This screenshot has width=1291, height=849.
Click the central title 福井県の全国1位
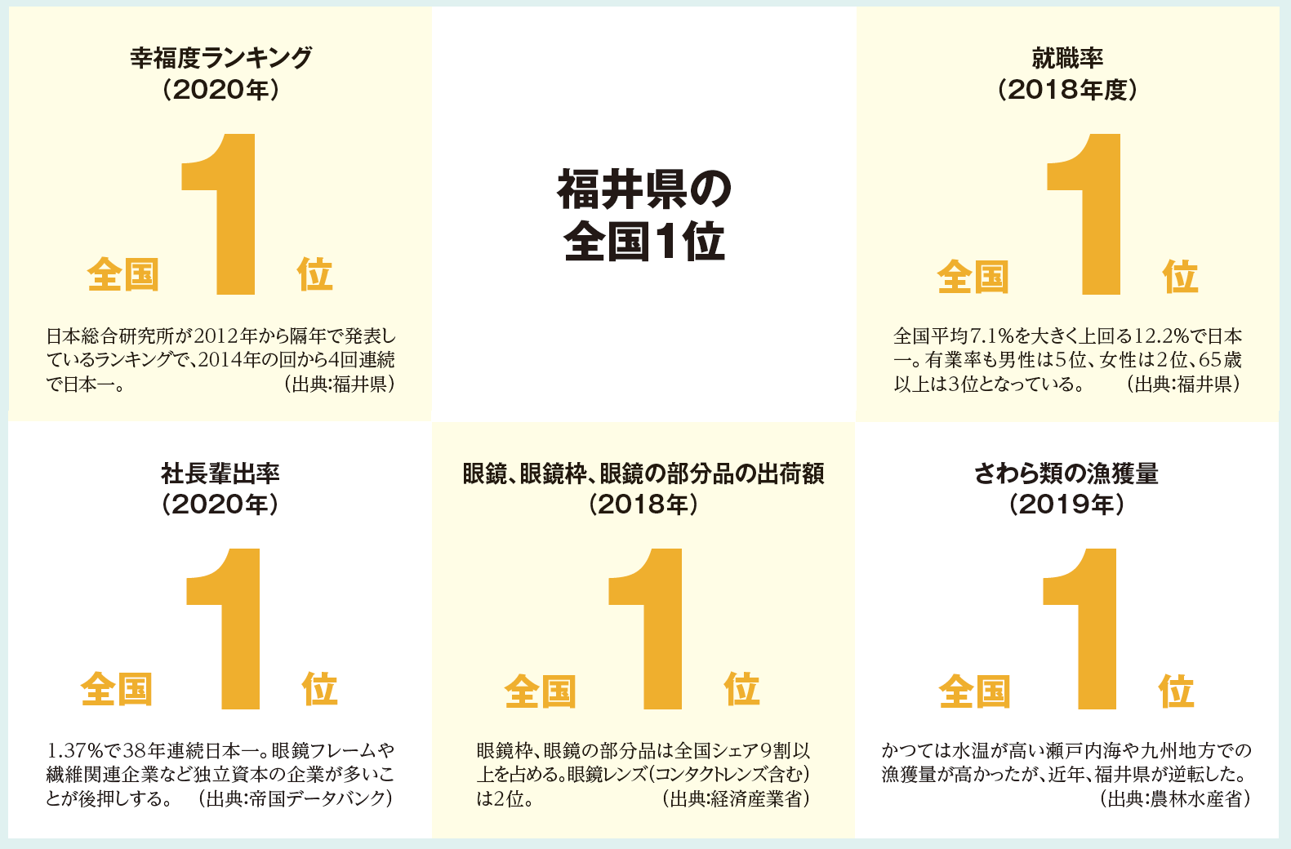[644, 215]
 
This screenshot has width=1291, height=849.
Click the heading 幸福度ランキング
[220, 58]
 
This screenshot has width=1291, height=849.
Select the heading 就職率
[1067, 58]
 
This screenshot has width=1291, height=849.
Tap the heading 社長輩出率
[220, 473]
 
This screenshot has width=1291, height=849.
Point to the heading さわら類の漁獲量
[1066, 473]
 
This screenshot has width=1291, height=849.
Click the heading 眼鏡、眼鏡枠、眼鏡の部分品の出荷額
[643, 473]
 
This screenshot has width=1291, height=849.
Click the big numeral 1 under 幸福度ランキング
[225, 214]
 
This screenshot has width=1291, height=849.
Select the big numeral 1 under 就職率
[1090, 214]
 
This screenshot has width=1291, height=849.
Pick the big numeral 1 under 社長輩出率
[230, 629]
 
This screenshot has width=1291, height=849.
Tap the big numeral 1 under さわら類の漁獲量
[1086, 629]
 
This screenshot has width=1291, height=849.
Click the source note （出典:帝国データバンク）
[296, 798]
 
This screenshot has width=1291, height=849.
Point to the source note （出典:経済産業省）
[736, 798]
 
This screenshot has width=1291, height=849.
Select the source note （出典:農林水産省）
[1175, 798]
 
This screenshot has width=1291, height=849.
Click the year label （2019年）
[1066, 505]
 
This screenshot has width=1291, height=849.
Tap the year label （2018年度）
[1067, 89]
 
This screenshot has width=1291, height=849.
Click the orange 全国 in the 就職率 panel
[973, 278]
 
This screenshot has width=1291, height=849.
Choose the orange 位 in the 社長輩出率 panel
[319, 689]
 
